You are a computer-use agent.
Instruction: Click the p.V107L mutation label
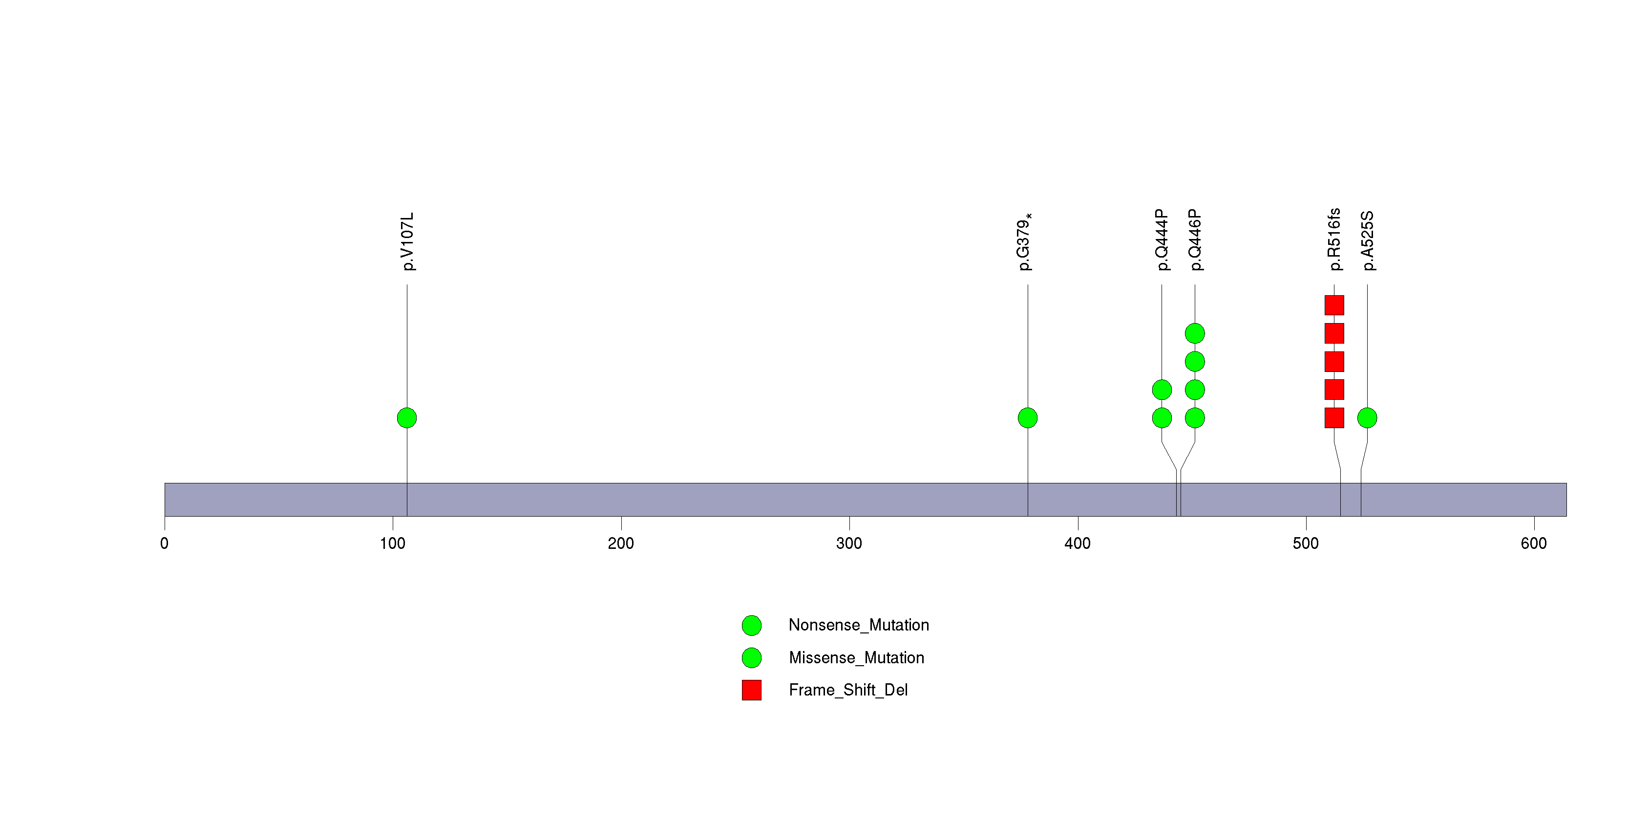408,242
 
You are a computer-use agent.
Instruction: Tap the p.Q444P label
1163,240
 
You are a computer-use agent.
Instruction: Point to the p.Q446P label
1195,240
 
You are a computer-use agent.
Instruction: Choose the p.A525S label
1367,241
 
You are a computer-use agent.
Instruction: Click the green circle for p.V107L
407,418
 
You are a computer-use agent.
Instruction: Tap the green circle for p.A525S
1367,418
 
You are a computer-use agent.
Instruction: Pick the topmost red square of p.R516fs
1334,305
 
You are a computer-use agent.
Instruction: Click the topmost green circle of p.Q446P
1195,334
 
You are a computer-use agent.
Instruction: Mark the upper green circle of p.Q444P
1162,390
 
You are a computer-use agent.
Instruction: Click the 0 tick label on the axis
165,543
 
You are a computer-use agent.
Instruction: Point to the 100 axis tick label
392,543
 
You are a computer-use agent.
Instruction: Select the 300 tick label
849,543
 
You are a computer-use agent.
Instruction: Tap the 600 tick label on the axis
1534,543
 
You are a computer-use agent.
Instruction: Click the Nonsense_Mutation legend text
858,625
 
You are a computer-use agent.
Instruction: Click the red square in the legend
752,690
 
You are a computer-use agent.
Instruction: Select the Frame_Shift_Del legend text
848,690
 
